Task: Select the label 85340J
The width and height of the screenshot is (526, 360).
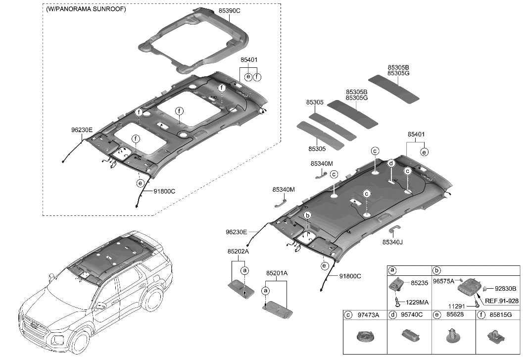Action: click(392, 242)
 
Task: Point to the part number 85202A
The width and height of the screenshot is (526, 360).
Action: click(238, 252)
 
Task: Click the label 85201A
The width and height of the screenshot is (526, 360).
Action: click(277, 273)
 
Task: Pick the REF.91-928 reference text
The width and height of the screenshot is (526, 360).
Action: click(501, 301)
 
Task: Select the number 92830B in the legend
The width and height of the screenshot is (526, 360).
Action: click(506, 288)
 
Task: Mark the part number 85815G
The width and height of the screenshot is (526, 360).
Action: click(501, 314)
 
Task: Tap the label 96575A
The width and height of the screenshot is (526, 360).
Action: click(444, 281)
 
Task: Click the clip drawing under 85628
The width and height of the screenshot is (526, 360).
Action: click(452, 337)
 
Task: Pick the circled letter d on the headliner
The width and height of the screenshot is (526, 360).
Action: click(391, 163)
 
